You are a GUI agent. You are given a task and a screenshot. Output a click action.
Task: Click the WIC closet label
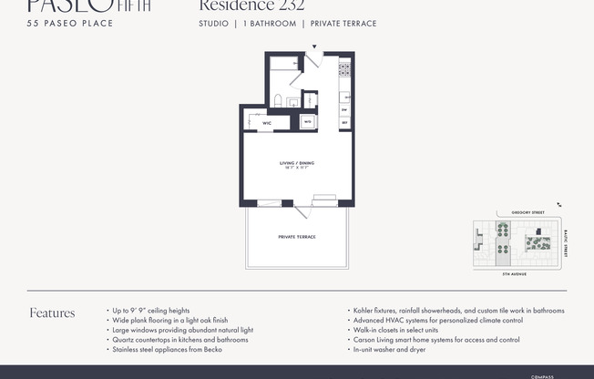267,122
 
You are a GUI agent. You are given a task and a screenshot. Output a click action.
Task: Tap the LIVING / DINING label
297,164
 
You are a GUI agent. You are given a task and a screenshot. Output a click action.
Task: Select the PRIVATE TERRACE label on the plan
297,236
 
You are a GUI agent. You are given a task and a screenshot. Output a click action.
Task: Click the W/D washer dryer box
308,120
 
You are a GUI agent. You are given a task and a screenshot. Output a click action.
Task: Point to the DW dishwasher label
344,109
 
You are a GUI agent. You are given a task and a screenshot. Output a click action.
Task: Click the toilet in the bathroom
278,99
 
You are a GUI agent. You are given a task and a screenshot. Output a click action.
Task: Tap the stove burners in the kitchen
344,68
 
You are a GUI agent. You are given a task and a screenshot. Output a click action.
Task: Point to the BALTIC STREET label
565,243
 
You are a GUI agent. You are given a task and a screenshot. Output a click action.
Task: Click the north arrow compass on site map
559,206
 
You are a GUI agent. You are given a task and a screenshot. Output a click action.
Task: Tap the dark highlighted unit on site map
538,233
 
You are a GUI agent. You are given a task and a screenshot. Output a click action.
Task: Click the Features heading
52,313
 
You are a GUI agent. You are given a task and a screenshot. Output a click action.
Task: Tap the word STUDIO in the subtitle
214,24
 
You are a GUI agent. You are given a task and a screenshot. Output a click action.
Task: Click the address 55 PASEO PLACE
70,23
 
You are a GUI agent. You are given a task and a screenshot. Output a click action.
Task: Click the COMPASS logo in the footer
542,375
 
